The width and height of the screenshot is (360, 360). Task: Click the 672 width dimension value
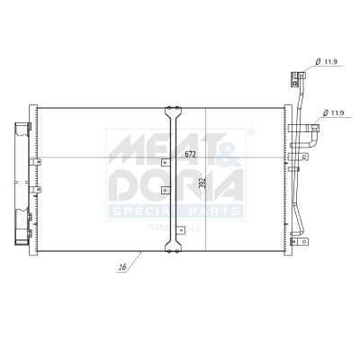190,154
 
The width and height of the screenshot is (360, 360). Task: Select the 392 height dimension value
202,183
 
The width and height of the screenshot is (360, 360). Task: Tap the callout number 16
121,267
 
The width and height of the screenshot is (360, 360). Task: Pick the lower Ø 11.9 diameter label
334,113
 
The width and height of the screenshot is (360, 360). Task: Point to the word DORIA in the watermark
175,185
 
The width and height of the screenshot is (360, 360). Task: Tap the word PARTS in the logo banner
211,212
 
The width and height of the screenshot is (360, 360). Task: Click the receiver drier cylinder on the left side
19,180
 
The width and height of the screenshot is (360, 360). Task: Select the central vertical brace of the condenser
173,180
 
